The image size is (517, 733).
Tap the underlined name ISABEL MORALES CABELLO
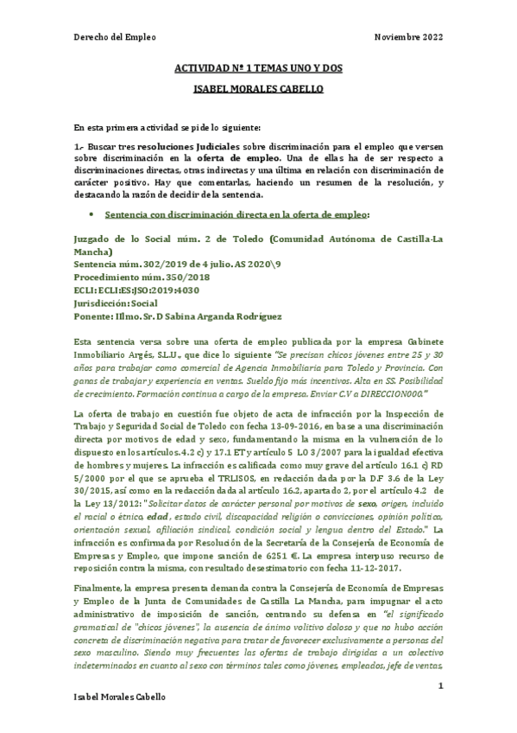(x=258, y=90)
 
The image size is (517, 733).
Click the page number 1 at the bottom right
(x=440, y=685)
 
